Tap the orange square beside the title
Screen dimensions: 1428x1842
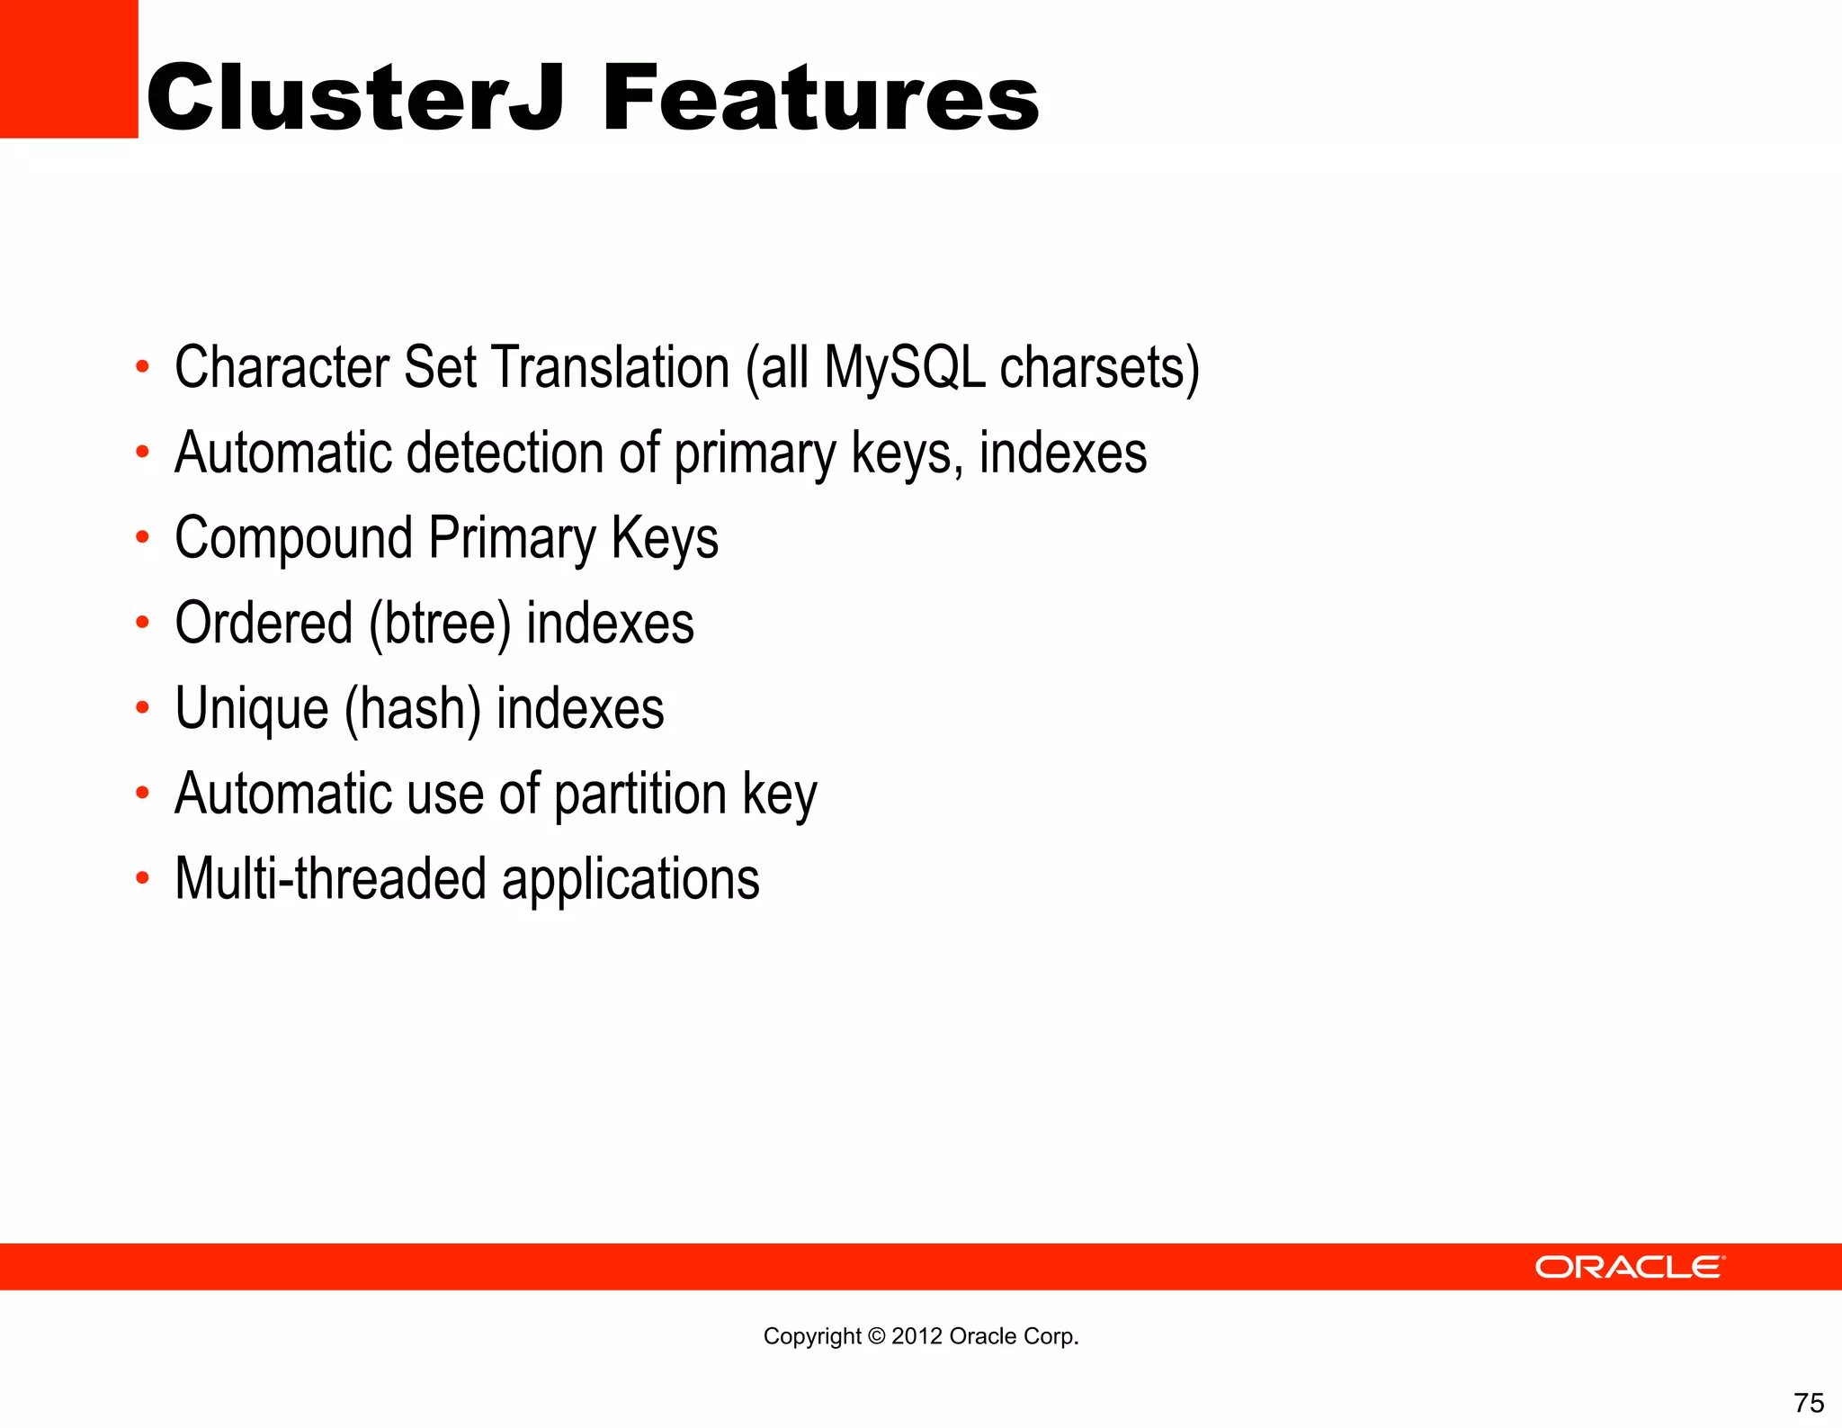click(68, 68)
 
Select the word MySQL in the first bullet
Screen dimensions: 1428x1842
click(905, 368)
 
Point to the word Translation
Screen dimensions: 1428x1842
click(611, 368)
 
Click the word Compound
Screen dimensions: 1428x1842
click(293, 538)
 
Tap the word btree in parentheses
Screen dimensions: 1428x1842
click(440, 624)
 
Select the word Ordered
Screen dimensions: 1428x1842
click(264, 624)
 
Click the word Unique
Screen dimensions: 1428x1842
click(252, 709)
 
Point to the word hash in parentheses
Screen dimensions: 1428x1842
click(413, 709)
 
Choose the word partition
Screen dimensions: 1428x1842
click(639, 795)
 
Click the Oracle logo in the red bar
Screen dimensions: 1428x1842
click(1629, 1267)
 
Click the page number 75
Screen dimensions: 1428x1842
click(1809, 1403)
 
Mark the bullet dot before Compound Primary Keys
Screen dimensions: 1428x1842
click(142, 538)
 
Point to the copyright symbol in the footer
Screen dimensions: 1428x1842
click(876, 1336)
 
